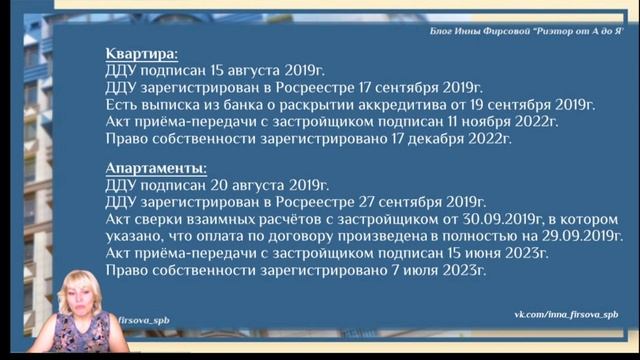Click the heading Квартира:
[143, 53]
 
